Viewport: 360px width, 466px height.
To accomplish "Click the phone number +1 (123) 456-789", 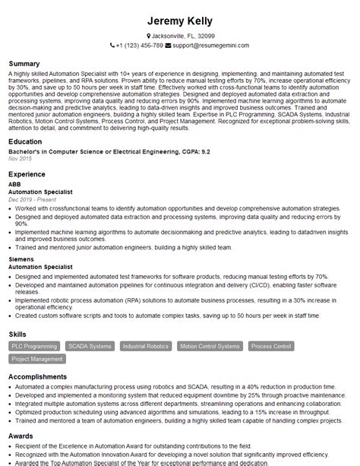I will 140,46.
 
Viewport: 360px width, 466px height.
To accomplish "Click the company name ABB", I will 14,184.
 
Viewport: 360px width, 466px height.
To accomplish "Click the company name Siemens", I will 21,259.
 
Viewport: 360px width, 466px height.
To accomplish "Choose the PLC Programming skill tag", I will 33,346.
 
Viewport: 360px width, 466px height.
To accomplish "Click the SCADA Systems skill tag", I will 89,346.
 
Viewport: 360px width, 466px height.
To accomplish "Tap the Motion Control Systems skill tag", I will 209,346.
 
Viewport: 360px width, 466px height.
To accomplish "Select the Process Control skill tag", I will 271,346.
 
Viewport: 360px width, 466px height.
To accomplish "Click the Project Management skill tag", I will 37,359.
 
